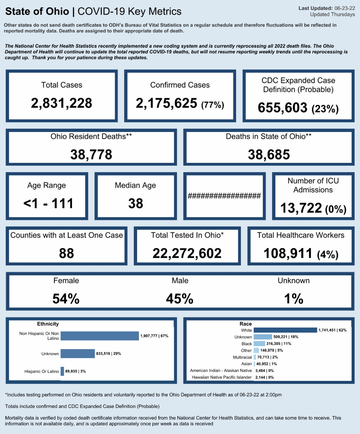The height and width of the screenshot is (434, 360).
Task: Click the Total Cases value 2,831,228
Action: [61, 103]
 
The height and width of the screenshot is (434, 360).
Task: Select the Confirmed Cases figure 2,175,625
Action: [166, 103]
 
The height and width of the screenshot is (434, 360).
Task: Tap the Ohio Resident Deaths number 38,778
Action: [91, 155]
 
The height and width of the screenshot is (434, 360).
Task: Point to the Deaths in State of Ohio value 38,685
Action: [269, 155]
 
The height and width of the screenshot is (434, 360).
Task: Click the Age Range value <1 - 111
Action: [48, 204]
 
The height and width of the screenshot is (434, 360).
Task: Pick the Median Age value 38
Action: [136, 204]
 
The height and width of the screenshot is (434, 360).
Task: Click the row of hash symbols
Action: [224, 196]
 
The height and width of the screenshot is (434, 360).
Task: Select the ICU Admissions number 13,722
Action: [301, 208]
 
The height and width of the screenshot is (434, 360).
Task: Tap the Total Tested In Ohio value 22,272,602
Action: [187, 253]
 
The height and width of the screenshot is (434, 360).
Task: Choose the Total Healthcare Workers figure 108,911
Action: [288, 253]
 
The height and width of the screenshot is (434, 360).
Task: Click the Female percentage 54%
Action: [66, 299]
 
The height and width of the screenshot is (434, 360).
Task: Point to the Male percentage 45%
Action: [180, 299]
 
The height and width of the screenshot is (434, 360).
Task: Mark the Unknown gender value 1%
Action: [294, 299]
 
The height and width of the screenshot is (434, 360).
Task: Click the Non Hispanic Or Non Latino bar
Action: [100, 336]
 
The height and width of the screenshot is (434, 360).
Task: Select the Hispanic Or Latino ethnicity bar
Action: [62, 371]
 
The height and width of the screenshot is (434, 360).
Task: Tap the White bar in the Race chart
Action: [285, 330]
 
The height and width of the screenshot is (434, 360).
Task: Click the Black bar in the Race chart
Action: [259, 344]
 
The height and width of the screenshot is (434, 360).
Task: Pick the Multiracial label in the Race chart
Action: [242, 357]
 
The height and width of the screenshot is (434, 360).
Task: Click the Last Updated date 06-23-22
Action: [345, 8]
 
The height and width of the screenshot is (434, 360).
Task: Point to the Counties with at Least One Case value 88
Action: [66, 253]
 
